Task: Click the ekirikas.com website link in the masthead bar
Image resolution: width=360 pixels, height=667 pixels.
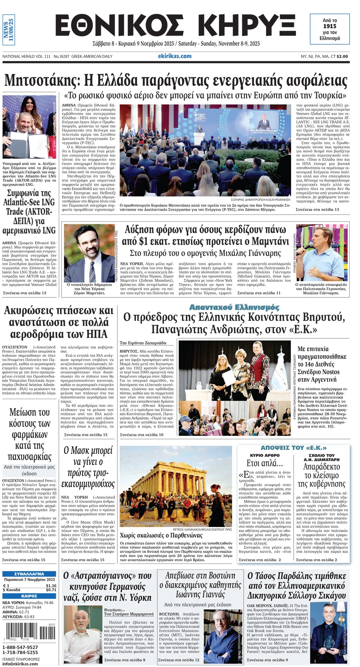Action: click(174, 56)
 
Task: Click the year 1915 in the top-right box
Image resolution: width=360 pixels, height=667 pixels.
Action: click(330, 26)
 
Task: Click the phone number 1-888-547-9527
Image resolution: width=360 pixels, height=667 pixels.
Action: click(20, 647)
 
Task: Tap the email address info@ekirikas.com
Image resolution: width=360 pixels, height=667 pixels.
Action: click(20, 663)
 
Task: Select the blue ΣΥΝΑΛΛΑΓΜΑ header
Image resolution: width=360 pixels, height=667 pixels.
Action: click(29, 574)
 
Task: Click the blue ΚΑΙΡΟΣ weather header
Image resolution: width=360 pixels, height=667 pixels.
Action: click(29, 596)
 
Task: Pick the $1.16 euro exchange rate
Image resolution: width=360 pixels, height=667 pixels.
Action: click(51, 586)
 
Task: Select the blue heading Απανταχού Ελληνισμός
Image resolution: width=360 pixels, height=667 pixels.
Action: click(234, 307)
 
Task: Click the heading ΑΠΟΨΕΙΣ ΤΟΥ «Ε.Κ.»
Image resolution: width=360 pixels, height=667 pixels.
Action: click(293, 448)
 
